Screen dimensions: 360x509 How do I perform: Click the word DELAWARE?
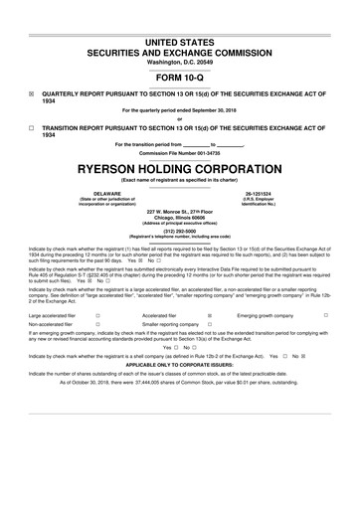point(92,193)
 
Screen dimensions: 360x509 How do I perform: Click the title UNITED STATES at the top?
point(180,30)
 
